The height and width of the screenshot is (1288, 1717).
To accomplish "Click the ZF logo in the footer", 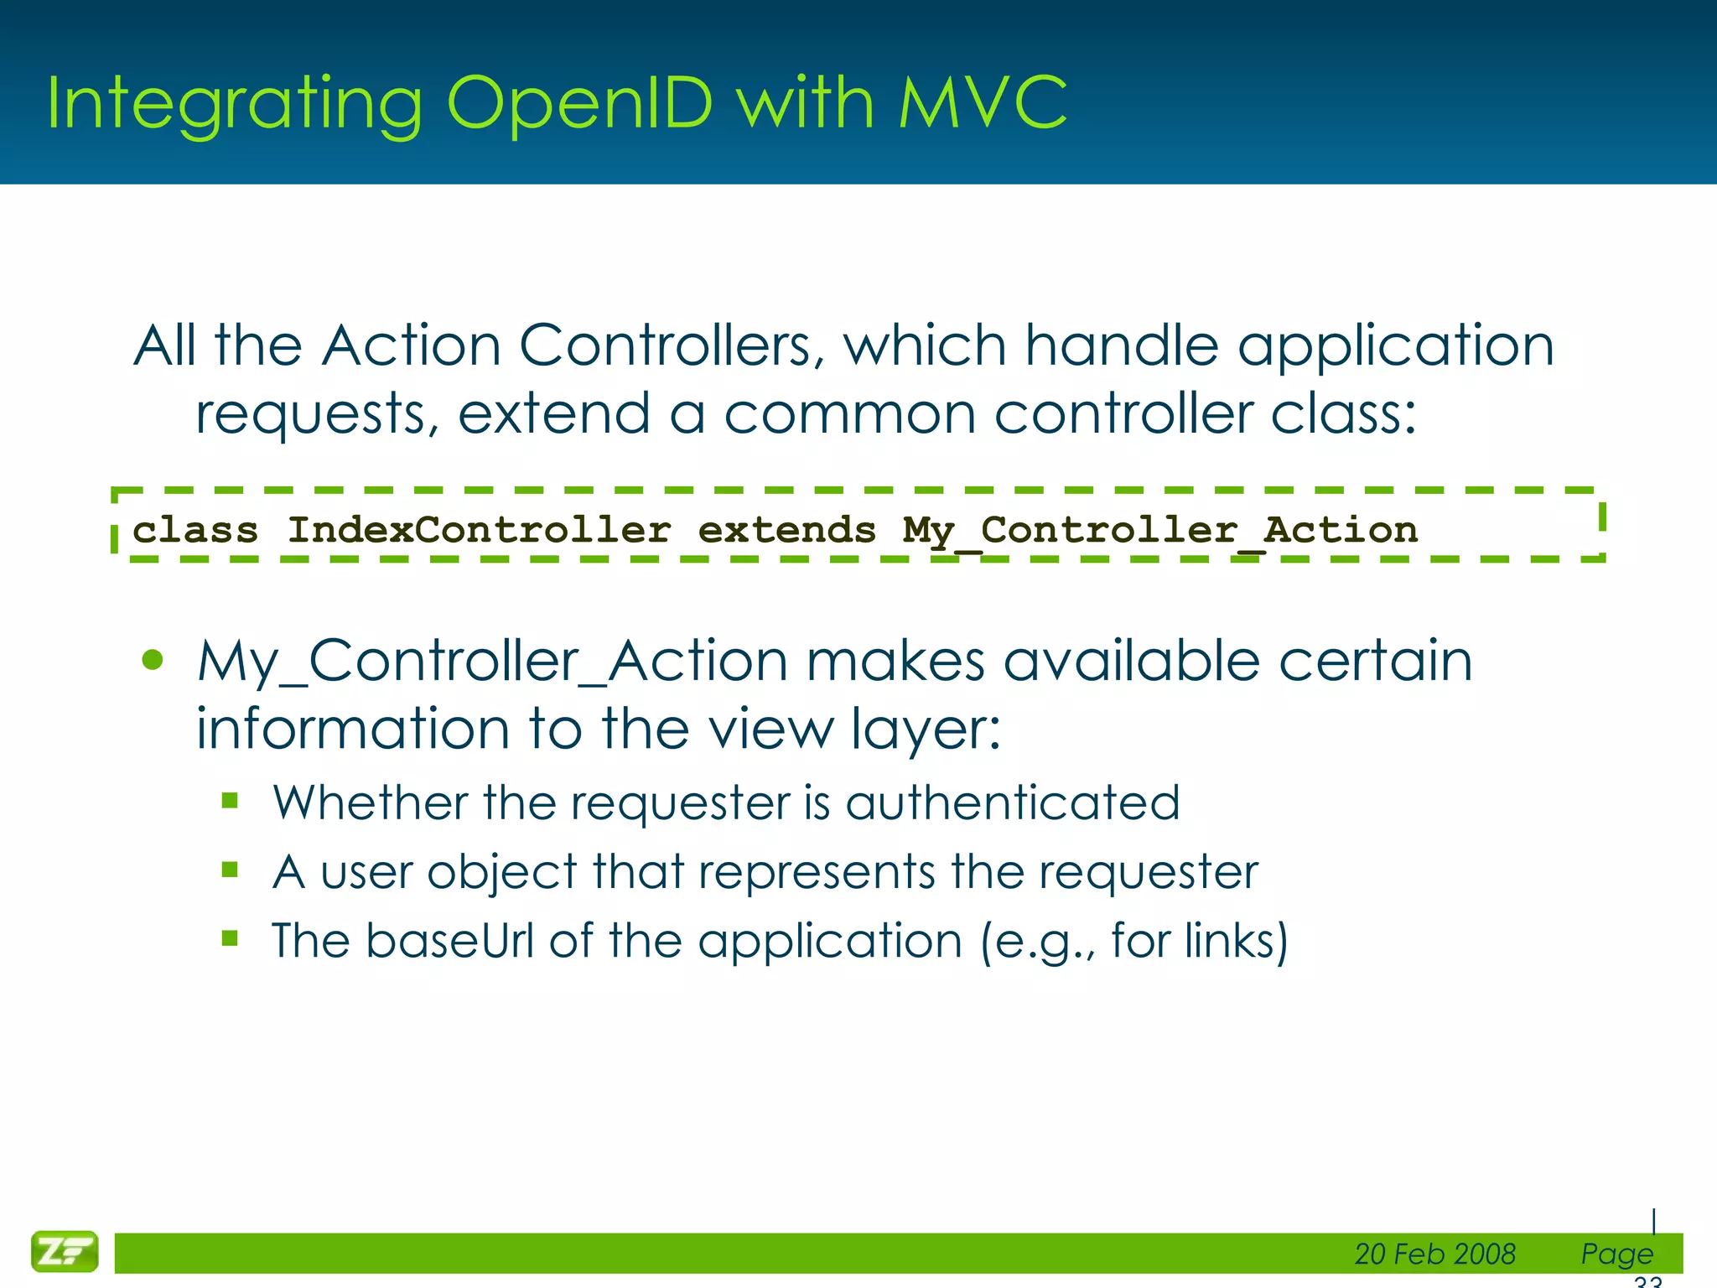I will click(65, 1251).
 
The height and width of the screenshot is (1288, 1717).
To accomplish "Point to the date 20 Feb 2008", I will click(1434, 1254).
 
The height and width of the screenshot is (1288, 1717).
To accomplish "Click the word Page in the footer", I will click(1616, 1254).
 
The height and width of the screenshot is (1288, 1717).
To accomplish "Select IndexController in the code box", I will click(479, 530).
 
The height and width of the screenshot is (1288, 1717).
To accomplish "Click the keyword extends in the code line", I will click(786, 530).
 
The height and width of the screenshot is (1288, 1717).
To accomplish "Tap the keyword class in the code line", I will click(195, 530).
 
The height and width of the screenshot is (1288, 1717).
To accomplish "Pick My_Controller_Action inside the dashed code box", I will click(1159, 532).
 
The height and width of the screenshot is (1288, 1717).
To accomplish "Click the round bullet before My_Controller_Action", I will click(153, 661).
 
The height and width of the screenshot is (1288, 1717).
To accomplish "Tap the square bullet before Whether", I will click(231, 801).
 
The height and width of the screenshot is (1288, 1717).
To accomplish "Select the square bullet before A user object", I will click(231, 870).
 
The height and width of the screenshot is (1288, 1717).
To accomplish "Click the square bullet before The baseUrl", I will click(231, 938).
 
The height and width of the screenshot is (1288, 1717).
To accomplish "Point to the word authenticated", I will click(1012, 803).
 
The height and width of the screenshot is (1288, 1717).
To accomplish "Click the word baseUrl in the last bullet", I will click(449, 940).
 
